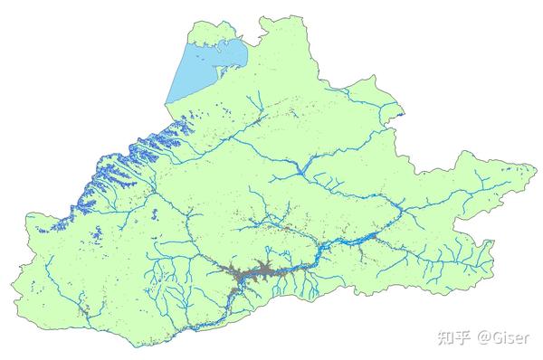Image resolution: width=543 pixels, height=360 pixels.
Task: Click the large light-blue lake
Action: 204,68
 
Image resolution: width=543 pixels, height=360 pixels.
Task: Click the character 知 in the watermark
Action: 445,337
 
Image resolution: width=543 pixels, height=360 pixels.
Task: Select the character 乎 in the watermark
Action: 463,337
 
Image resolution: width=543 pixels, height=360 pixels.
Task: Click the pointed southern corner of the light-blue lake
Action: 170,106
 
